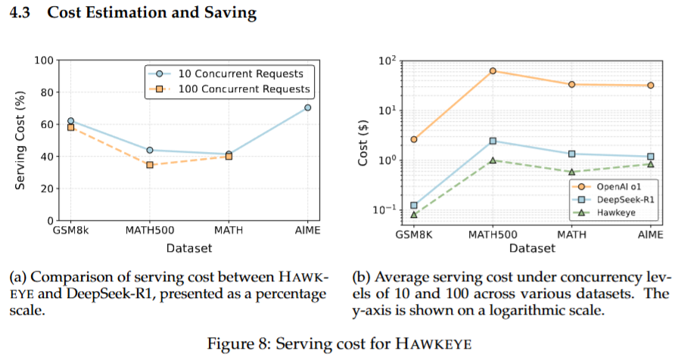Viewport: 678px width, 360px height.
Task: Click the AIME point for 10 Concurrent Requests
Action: (308, 107)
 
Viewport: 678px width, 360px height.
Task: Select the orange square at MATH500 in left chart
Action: (150, 164)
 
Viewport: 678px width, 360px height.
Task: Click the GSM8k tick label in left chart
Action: (70, 231)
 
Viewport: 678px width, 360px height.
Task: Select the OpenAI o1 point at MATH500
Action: (493, 71)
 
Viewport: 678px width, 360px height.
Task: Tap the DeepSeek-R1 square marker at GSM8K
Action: (414, 205)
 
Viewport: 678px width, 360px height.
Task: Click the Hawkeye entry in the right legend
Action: (614, 213)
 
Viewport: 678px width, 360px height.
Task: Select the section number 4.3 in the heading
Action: (20, 14)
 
